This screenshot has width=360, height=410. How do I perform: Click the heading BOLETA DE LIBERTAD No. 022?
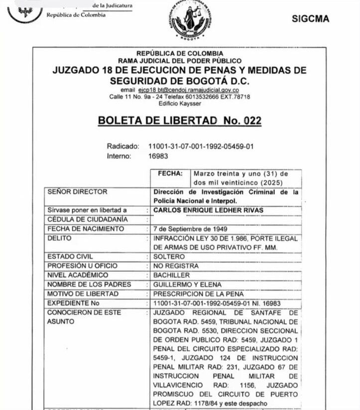pos(180,120)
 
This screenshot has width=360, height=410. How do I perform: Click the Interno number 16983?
pos(158,156)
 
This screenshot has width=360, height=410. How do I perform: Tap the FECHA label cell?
pos(169,174)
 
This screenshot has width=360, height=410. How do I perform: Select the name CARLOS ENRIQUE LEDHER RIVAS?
pos(208,210)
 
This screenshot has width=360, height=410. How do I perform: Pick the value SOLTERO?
pos(169,257)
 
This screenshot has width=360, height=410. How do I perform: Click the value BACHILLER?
pos(172,275)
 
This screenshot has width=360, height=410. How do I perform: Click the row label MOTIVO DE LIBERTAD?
pos(83,294)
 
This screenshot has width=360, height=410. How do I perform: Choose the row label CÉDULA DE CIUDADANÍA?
pos(81,219)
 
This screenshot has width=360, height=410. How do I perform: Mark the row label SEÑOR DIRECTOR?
pos(77,192)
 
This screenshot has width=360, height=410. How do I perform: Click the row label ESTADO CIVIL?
pos(70,257)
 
